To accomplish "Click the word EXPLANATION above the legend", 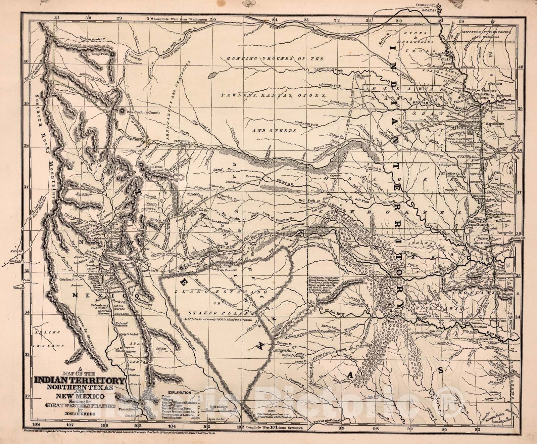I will (180, 392).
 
